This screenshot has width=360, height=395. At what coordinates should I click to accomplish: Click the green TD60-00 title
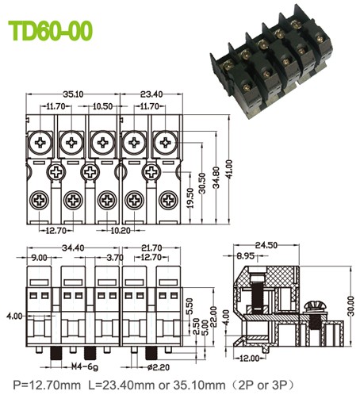point(51,31)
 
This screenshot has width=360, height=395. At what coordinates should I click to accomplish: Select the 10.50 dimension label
point(103,105)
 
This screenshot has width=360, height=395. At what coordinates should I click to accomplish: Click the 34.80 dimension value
point(216,178)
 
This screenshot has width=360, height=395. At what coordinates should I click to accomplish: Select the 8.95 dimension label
point(246,257)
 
